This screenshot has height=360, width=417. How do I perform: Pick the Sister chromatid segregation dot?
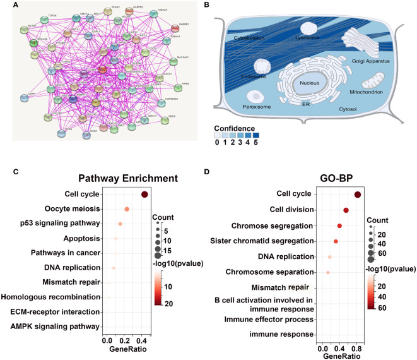[336, 241]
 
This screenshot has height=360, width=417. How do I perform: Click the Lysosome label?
[310, 37]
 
